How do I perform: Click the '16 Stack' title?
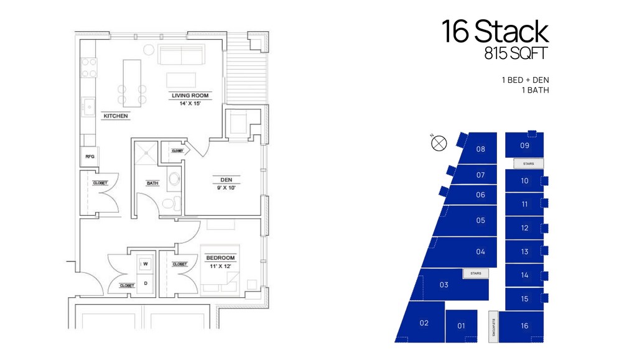click(x=495, y=32)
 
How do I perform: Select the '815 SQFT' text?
click(x=516, y=54)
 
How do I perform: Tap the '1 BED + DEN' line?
click(x=525, y=80)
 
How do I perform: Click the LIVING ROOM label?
click(x=191, y=96)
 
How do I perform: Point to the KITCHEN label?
click(x=116, y=116)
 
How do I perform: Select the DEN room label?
click(x=226, y=180)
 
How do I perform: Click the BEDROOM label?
click(x=220, y=257)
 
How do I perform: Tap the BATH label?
click(x=152, y=183)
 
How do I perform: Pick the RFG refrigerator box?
click(x=90, y=157)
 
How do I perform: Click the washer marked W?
click(x=146, y=264)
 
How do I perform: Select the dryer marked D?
click(x=146, y=284)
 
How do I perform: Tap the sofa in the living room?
click(x=182, y=55)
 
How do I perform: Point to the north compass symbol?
click(x=439, y=144)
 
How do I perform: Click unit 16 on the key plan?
click(x=524, y=326)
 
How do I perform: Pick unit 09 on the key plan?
click(x=524, y=145)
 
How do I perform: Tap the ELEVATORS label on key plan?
click(x=493, y=326)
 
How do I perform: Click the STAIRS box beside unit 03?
click(x=476, y=273)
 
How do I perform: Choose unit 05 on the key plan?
click(x=480, y=220)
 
